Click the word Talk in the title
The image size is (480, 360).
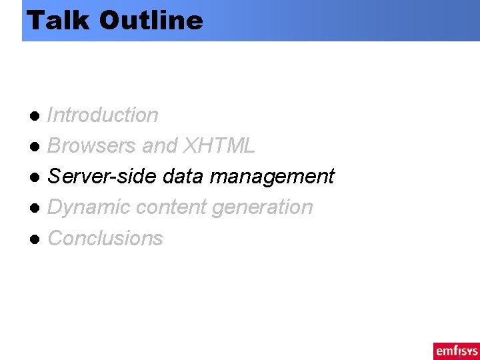click(x=59, y=20)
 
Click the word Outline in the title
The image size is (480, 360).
click(x=151, y=20)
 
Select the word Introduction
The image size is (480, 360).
click(x=103, y=115)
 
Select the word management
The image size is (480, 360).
click(x=272, y=177)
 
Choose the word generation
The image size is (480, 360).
click(x=262, y=208)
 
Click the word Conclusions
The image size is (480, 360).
click(x=105, y=238)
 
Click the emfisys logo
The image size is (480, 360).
click(x=456, y=350)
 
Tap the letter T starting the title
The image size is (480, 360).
click(x=33, y=20)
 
